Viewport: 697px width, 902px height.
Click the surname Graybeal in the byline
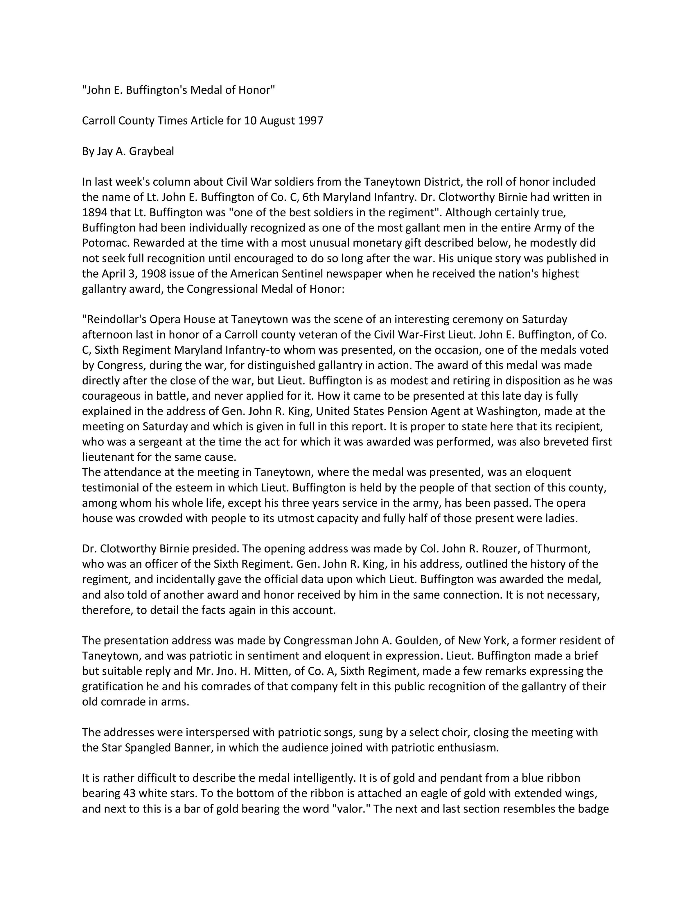tap(152, 152)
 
